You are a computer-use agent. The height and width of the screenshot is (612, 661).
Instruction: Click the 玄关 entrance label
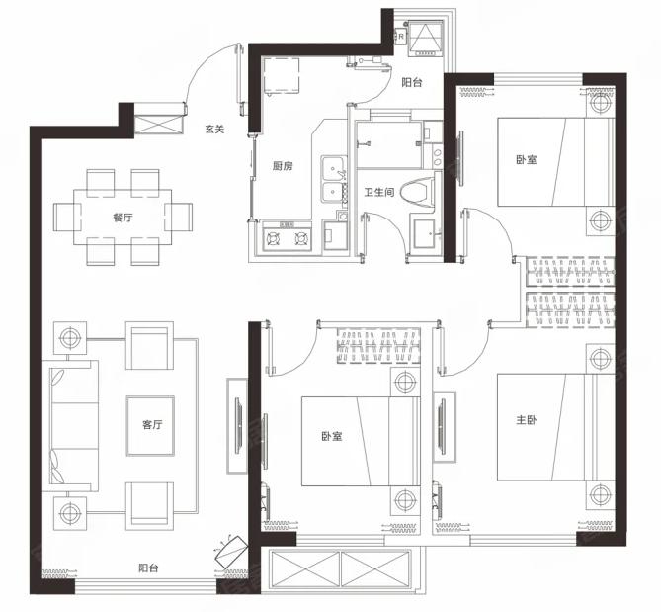coord(214,130)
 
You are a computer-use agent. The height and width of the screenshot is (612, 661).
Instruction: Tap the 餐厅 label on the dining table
coord(123,218)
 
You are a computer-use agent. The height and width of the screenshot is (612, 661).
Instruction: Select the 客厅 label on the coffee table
coord(152,424)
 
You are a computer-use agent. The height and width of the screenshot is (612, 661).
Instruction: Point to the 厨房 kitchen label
coord(282,166)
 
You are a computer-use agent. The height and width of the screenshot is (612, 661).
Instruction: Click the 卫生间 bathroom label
coord(379,193)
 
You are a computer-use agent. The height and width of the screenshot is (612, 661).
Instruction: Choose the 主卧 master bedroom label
coord(527,420)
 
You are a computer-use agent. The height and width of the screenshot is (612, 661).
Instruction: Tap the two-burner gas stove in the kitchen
coord(287,239)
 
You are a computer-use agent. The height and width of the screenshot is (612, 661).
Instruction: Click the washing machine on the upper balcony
coord(425,39)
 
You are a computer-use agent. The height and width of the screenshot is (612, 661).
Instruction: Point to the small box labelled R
coord(400,37)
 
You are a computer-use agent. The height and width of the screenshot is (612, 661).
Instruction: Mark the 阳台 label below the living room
coord(148,568)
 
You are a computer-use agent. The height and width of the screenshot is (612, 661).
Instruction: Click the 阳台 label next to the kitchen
coord(411,82)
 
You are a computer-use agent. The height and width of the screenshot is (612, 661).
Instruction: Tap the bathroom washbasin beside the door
coord(427,233)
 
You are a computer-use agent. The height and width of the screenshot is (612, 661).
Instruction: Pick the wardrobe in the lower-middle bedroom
coord(378,346)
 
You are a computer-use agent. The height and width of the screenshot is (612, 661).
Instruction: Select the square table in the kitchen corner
coord(282,75)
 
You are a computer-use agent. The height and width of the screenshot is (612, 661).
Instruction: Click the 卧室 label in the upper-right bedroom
coord(527,160)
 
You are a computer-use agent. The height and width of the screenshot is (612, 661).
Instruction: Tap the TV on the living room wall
coord(238,426)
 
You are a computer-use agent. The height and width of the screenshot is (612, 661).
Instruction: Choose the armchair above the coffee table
coord(149,346)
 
